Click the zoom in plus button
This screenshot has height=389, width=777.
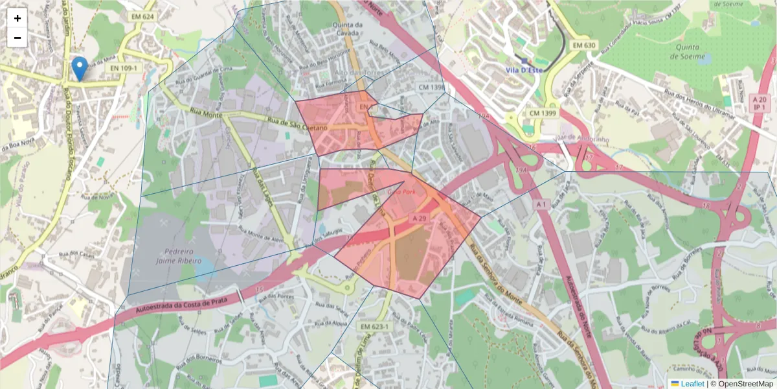pyautogui.click(x=17, y=18)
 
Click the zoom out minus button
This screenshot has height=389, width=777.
pyautogui.click(x=17, y=38)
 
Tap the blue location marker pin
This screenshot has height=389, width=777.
pyautogui.click(x=80, y=69)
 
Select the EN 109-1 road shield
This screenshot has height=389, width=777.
pyautogui.click(x=123, y=67)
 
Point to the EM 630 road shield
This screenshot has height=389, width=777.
pyautogui.click(x=584, y=45)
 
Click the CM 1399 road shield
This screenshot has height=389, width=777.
pyautogui.click(x=543, y=113)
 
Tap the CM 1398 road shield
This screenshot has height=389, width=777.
pyautogui.click(x=431, y=88)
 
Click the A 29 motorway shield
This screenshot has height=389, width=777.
pyautogui.click(x=420, y=218)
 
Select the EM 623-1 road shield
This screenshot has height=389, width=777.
pyautogui.click(x=374, y=327)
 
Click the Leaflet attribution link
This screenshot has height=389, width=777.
pyautogui.click(x=692, y=384)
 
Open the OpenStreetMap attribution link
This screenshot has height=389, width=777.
pyautogui.click(x=745, y=384)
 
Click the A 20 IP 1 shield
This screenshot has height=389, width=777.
pyautogui.click(x=760, y=102)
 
